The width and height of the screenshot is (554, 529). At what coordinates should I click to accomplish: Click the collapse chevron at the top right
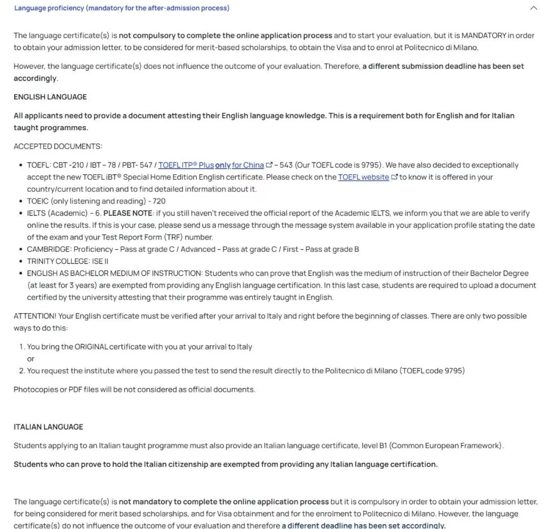(533, 8)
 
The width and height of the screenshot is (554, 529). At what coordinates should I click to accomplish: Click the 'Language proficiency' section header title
(122, 8)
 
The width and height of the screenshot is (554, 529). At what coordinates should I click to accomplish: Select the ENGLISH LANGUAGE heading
(50, 97)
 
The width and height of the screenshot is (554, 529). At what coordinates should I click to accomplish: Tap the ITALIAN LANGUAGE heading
(48, 427)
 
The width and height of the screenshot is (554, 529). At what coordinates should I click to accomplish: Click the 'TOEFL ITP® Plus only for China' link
(211, 165)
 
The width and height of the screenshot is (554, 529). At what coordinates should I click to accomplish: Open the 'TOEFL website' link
(363, 177)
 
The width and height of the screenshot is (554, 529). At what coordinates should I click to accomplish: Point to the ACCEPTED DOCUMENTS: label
(58, 147)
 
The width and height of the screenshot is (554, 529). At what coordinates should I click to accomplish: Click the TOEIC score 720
(159, 201)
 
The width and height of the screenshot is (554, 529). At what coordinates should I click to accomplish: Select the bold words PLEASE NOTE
(128, 213)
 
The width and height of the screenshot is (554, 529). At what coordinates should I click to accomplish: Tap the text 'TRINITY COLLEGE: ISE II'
(68, 261)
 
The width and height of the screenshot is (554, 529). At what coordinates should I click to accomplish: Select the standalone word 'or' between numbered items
(31, 359)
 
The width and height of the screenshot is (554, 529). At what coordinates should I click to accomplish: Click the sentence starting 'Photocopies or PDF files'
(134, 390)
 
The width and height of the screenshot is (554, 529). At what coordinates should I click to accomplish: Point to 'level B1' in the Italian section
(374, 446)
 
